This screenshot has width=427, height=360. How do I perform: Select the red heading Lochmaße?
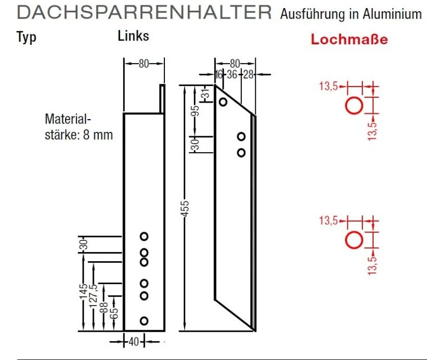[349, 40]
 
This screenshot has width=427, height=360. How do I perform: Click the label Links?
[133, 36]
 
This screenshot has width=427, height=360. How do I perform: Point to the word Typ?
[27, 37]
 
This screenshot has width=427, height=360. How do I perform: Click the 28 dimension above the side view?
[248, 74]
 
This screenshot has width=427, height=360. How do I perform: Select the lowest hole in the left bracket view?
[144, 320]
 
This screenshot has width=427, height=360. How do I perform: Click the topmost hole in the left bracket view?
[144, 236]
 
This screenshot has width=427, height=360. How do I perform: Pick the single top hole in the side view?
[223, 101]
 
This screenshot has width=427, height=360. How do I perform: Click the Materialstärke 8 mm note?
[78, 127]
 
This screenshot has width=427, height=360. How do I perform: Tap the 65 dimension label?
[113, 311]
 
